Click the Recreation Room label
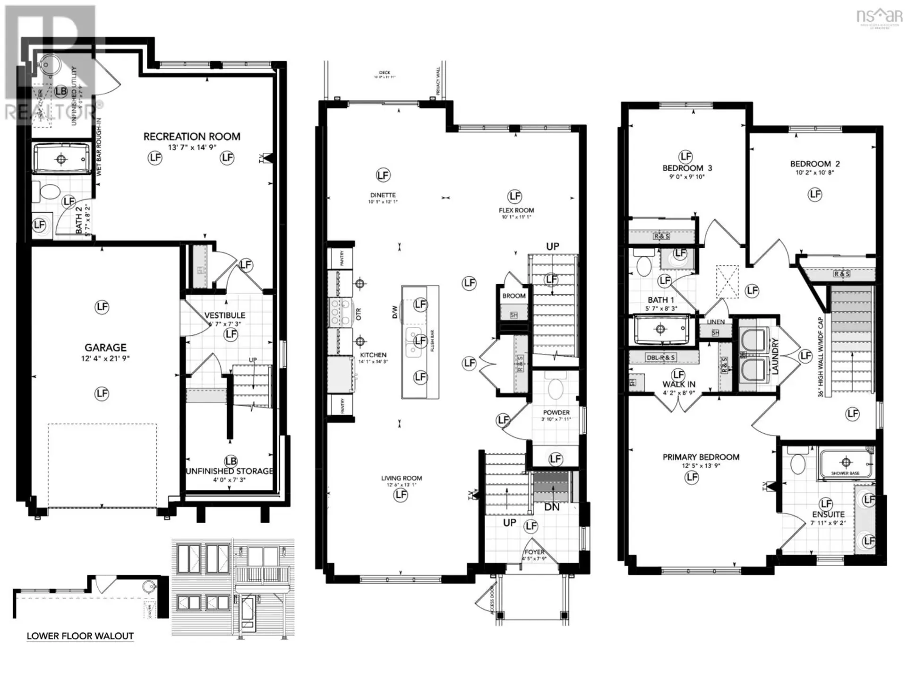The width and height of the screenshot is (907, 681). (x=192, y=137)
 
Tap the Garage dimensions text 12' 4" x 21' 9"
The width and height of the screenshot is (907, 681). (x=105, y=358)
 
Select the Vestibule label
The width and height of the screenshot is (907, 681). (x=224, y=315)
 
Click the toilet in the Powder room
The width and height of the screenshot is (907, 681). (x=555, y=388)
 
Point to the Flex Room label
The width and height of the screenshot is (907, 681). (x=516, y=210)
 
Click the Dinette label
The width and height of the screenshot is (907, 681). (x=383, y=195)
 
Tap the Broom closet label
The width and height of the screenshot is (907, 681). (x=514, y=296)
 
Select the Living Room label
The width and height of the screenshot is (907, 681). (x=402, y=478)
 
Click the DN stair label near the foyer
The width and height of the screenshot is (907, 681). (x=552, y=507)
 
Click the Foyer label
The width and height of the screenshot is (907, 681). (x=534, y=552)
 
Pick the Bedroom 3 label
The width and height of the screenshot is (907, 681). (x=687, y=168)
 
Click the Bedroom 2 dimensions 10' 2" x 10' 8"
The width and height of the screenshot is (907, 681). (x=815, y=173)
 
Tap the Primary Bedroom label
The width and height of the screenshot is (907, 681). (x=701, y=457)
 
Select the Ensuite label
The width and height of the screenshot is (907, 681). (x=828, y=514)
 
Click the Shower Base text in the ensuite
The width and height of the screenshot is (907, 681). (x=845, y=473)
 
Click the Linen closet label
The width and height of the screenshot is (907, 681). (x=716, y=322)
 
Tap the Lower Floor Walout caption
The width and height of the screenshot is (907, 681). (x=80, y=636)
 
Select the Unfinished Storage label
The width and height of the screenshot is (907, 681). (x=230, y=471)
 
